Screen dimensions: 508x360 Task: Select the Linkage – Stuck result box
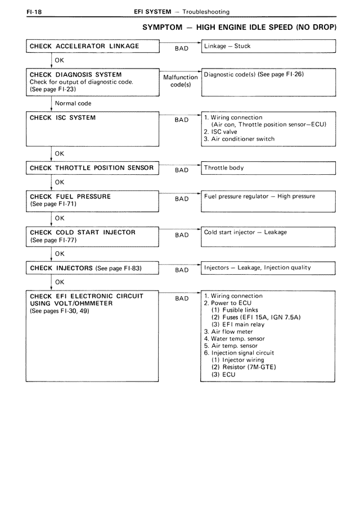268,46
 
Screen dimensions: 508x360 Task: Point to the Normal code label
73,103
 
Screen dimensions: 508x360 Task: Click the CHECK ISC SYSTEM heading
62,118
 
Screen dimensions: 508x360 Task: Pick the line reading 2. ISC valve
220,132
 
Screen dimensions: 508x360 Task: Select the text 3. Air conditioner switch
239,139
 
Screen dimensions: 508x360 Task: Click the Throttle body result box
268,168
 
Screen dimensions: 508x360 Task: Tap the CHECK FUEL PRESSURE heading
70,197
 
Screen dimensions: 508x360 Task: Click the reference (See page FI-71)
53,204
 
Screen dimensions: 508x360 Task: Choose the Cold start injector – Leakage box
268,233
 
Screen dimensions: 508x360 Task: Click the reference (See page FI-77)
53,240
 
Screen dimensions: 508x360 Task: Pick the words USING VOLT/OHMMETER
71,303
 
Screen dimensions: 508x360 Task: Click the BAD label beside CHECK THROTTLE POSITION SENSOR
182,170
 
